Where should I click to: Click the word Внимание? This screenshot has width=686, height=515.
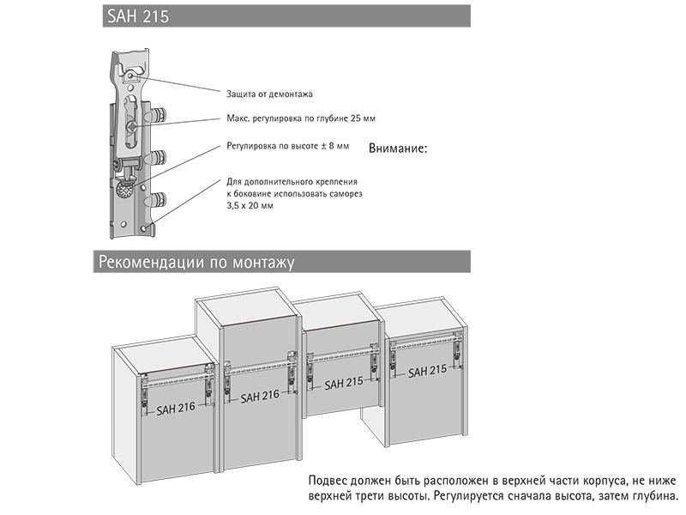pos(398,148)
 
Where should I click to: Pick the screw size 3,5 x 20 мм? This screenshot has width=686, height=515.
pos(250,207)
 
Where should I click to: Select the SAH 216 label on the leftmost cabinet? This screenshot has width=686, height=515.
pos(176,409)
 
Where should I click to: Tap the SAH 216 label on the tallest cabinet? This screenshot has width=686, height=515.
pos(260,397)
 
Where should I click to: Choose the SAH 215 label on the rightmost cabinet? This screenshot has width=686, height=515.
pos(427,372)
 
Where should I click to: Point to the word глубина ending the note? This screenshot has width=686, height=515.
pos(655,496)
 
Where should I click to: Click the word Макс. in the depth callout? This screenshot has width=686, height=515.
pos(239,118)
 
